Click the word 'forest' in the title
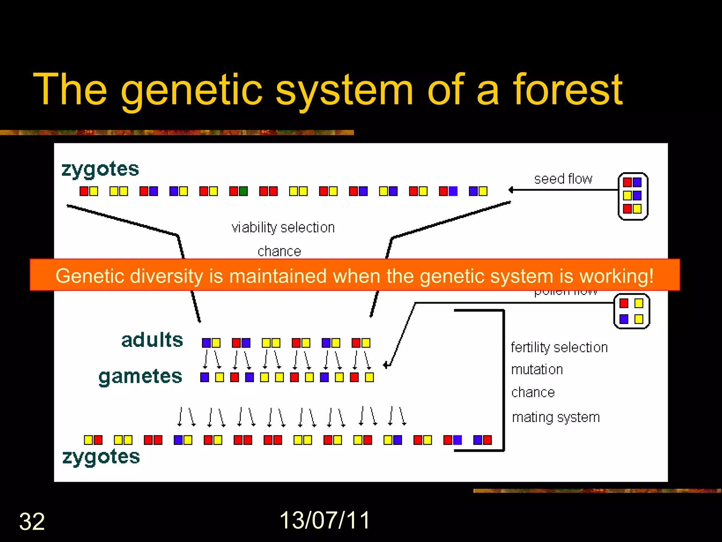coord(568,90)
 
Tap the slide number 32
coord(32,522)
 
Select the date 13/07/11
coord(325,520)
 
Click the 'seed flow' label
coord(563,179)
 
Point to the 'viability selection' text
coord(283,228)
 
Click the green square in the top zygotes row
coord(243,191)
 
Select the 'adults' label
coord(152,340)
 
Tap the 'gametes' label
coord(140,377)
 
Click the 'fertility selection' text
coord(559,348)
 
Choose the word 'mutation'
coord(537,370)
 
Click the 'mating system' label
coord(556,417)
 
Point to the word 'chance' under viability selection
coord(279,251)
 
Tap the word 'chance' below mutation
coord(533,392)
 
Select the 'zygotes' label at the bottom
coord(101,457)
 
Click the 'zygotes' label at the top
coord(100,169)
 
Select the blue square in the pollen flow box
coord(624,319)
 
